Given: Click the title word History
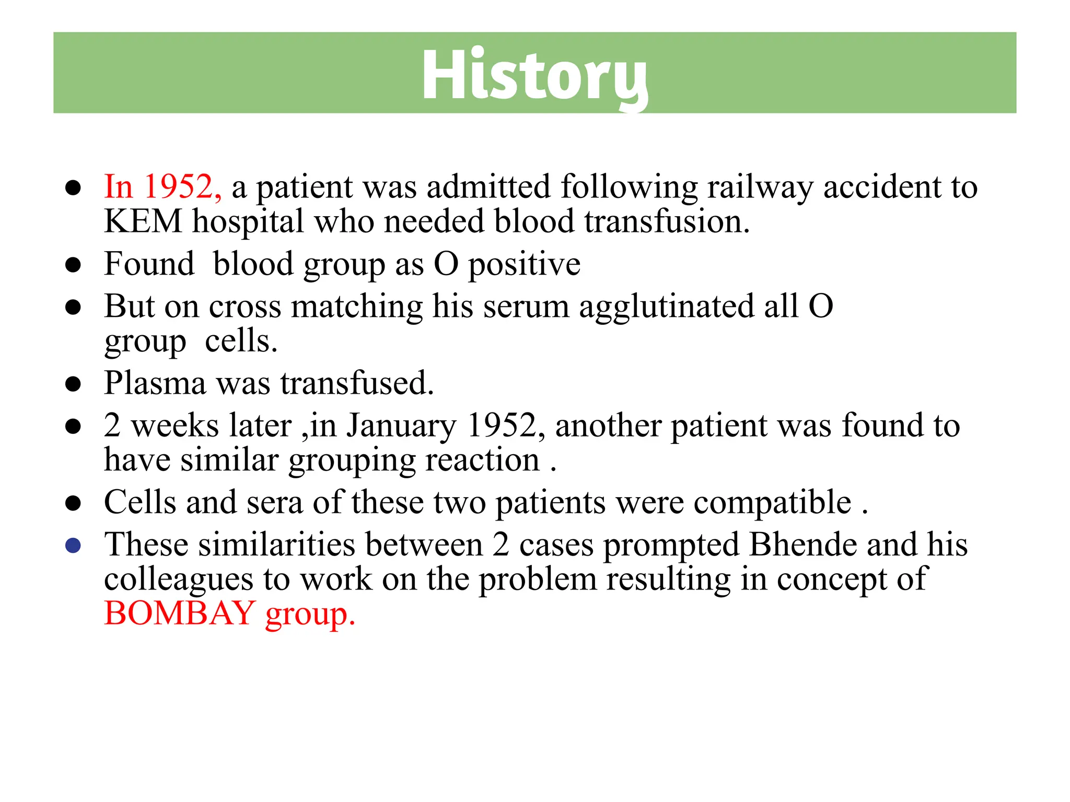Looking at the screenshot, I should click(534, 74).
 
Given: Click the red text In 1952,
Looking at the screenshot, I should click(162, 186).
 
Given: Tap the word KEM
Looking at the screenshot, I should click(143, 221).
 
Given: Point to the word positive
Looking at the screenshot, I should click(524, 265).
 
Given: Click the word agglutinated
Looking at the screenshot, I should click(666, 307).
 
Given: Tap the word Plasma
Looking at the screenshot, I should click(155, 383).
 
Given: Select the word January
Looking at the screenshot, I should click(401, 427).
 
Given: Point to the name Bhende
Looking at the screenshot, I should click(802, 545).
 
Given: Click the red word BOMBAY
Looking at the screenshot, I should click(179, 614).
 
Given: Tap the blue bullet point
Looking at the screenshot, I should click(73, 546).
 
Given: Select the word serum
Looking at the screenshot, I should click(526, 307).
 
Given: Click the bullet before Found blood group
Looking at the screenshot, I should click(73, 265).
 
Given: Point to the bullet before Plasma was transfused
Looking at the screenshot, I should click(73, 384).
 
